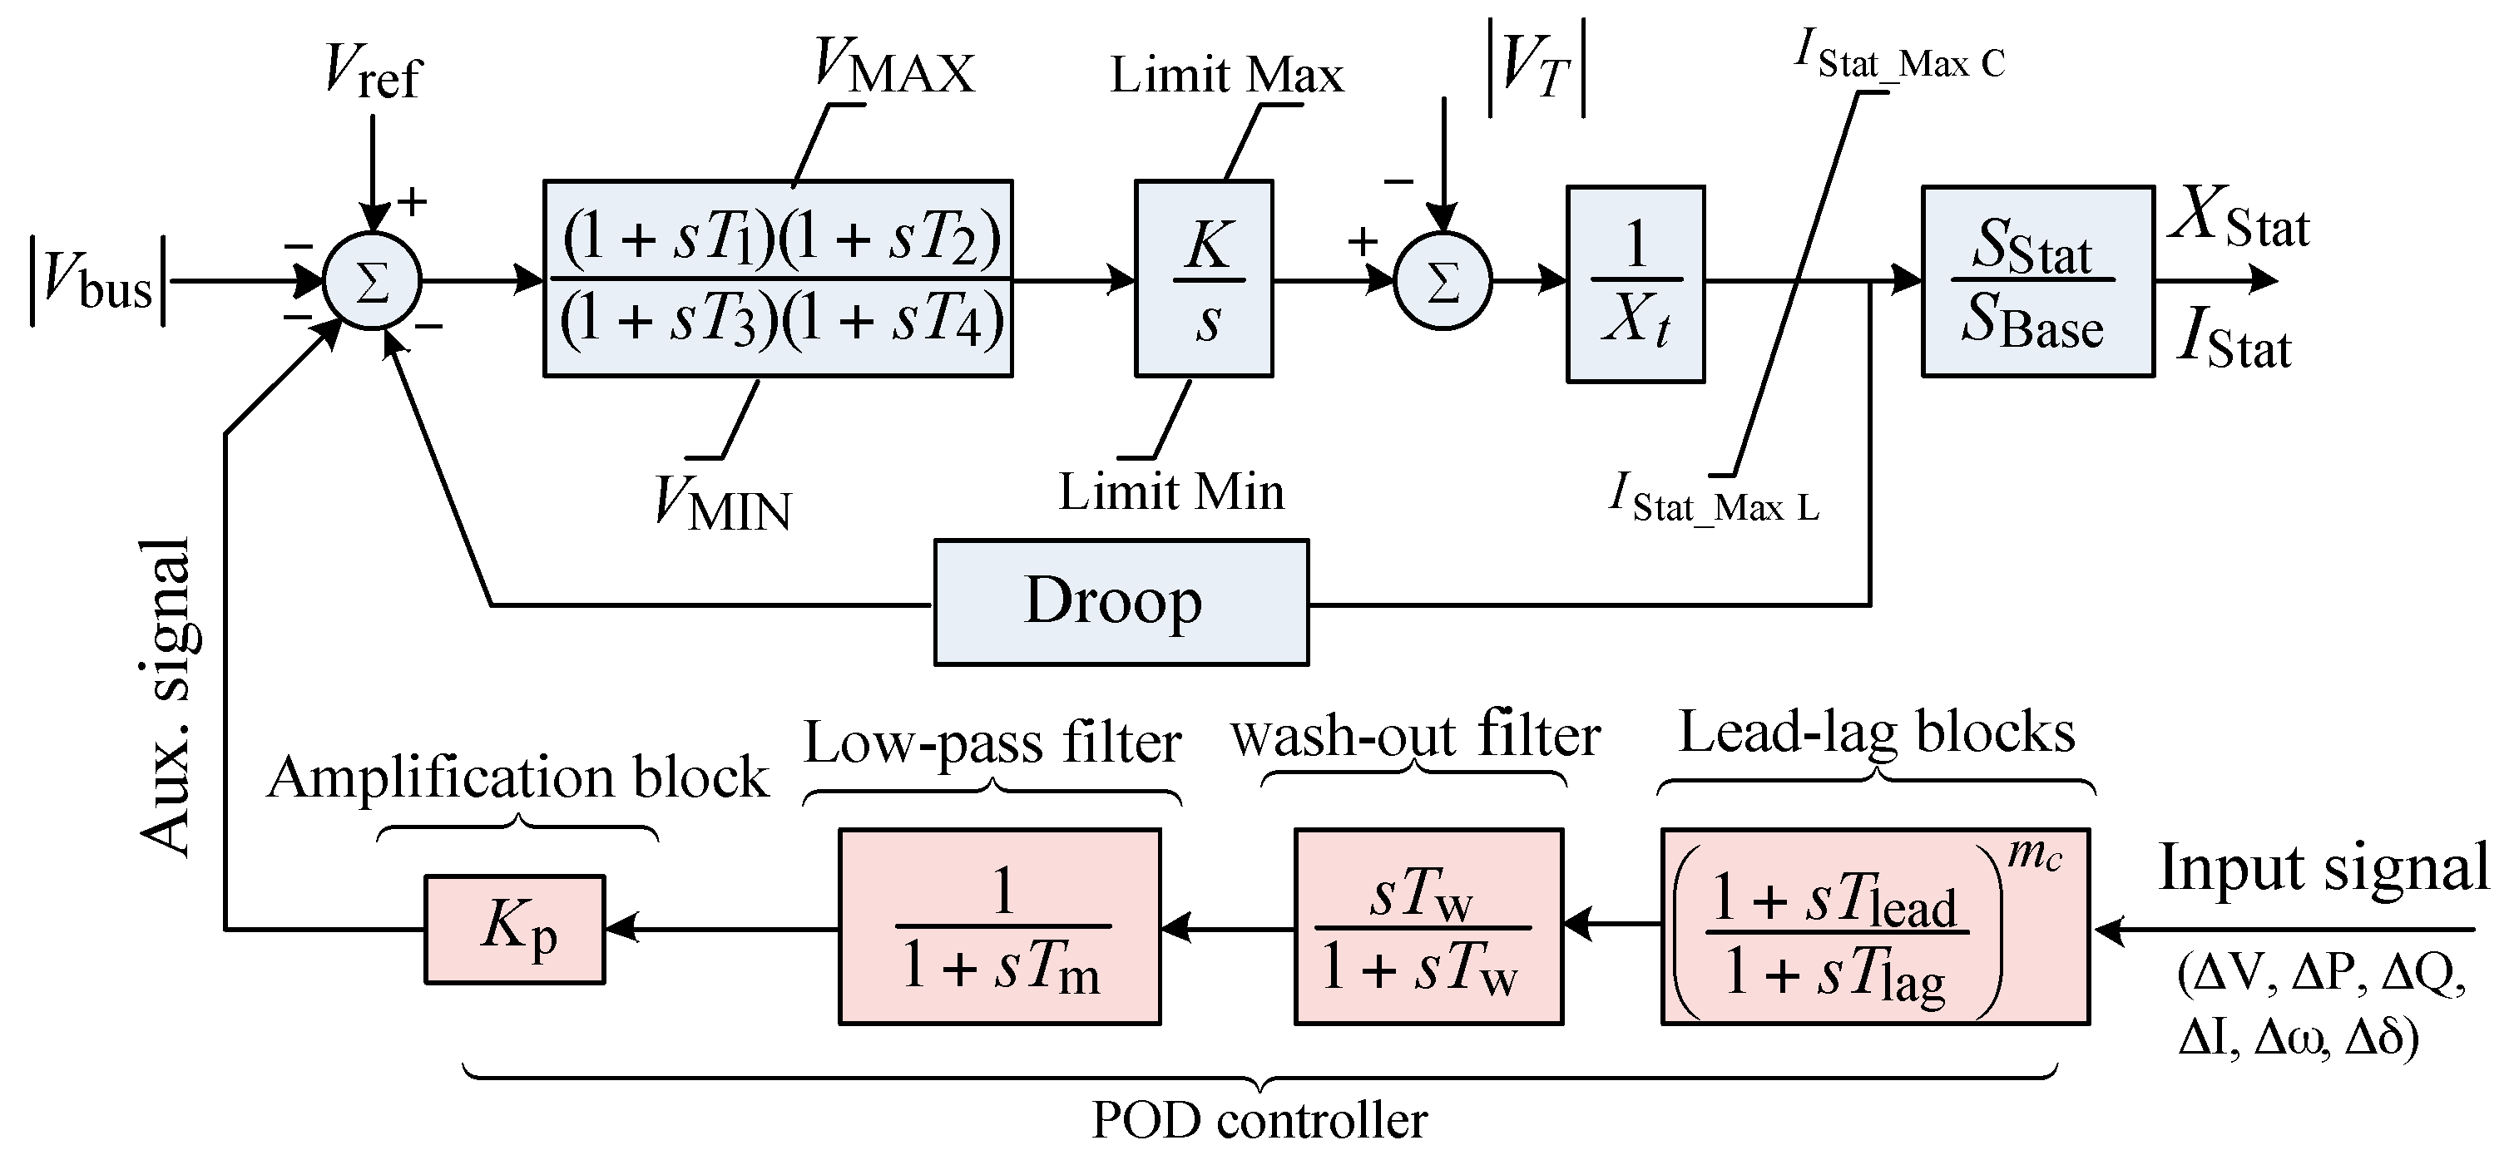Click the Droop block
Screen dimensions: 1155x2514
coord(1121,602)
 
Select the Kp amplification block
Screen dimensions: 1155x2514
coord(514,929)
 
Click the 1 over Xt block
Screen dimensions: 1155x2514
coord(1635,283)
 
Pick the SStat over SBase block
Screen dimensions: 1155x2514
coord(2036,281)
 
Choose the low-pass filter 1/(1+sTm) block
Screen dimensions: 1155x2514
coord(999,925)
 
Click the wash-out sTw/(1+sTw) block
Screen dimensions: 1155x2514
coord(1428,925)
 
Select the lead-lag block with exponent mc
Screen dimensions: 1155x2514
coord(1873,925)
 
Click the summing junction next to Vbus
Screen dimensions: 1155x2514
coord(372,281)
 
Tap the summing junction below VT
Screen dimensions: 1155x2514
coord(1443,281)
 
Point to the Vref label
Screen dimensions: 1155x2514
coord(372,72)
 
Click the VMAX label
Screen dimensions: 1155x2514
coord(893,67)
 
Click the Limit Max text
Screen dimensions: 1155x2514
coord(1227,75)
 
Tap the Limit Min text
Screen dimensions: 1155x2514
coord(1171,491)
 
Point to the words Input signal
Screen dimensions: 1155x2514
coord(2323,867)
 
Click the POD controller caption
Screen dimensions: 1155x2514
coord(1259,1120)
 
